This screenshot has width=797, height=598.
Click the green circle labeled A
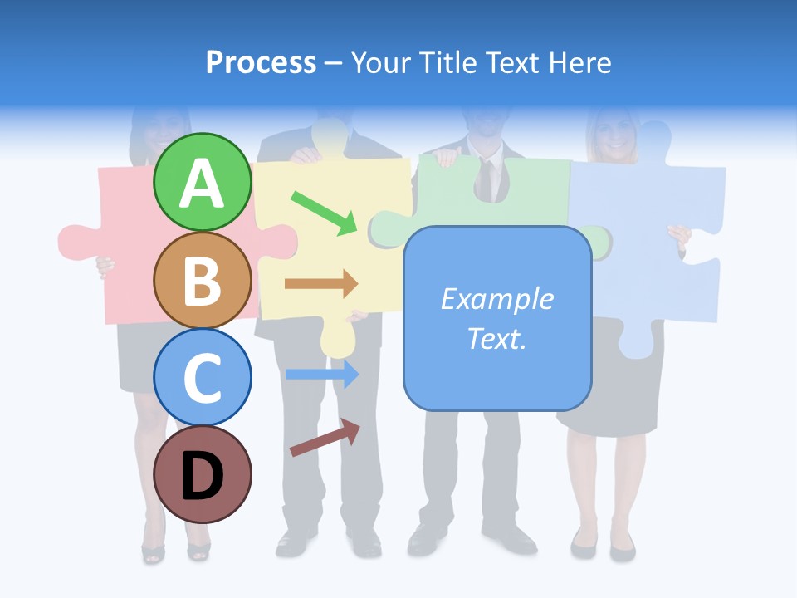(203, 182)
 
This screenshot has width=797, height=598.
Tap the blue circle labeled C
(203, 376)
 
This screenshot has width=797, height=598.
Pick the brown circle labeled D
(203, 474)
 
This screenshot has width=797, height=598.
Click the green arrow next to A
(324, 213)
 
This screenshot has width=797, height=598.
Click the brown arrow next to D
(325, 438)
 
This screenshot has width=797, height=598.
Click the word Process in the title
(261, 62)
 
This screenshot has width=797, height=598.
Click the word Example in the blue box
(496, 299)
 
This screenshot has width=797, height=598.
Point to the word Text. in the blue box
(496, 338)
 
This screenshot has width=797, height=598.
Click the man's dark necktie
(490, 179)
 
